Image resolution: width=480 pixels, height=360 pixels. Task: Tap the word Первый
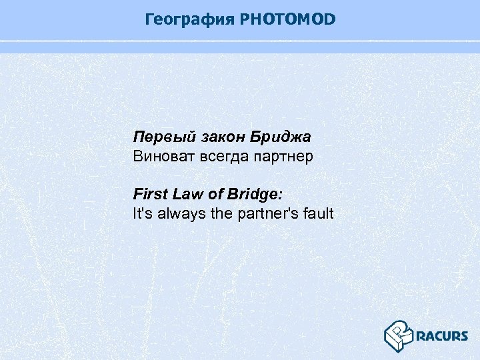point(156,137)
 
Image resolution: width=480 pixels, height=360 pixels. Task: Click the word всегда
point(219,157)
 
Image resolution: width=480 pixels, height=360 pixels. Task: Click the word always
point(179,214)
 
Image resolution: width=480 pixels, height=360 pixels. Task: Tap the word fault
point(318,214)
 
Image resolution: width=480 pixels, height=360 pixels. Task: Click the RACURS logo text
point(441,335)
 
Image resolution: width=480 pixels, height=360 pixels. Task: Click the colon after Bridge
point(281,195)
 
